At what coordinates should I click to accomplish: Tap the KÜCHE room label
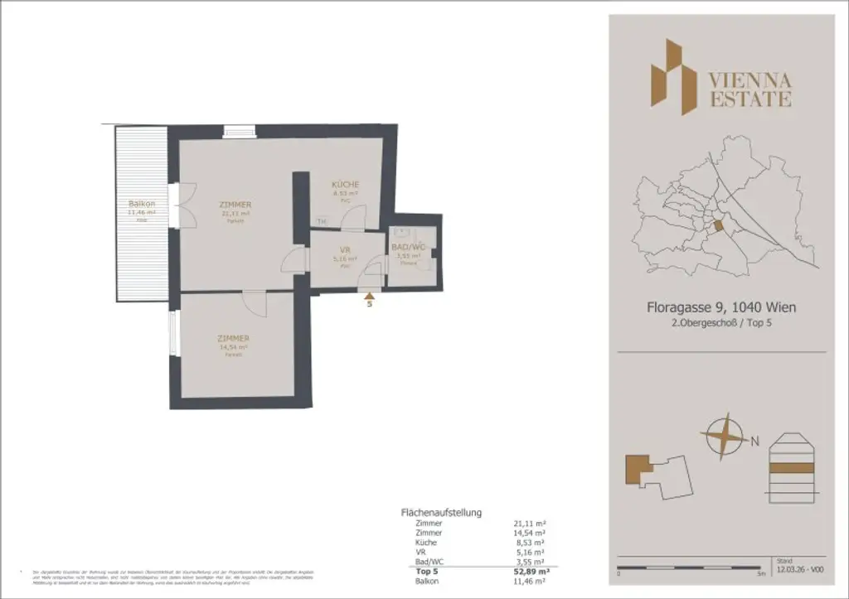pyautogui.click(x=345, y=184)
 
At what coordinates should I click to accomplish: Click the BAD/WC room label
pyautogui.click(x=408, y=247)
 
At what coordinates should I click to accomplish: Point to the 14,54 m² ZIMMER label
pyautogui.click(x=234, y=339)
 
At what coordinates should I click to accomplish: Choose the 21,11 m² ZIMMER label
pyautogui.click(x=235, y=205)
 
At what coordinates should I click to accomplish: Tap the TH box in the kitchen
pyautogui.click(x=321, y=221)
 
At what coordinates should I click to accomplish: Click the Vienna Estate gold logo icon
pyautogui.click(x=672, y=76)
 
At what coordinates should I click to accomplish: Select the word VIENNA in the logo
pyautogui.click(x=750, y=81)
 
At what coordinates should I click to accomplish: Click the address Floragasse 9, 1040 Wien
pyautogui.click(x=720, y=307)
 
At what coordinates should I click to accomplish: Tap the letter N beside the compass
pyautogui.click(x=754, y=442)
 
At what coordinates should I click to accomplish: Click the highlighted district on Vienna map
pyautogui.click(x=718, y=225)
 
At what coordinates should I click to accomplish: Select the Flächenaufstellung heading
pyautogui.click(x=440, y=513)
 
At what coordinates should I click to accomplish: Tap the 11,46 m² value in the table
pyautogui.click(x=531, y=582)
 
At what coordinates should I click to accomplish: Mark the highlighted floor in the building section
pyautogui.click(x=793, y=467)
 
